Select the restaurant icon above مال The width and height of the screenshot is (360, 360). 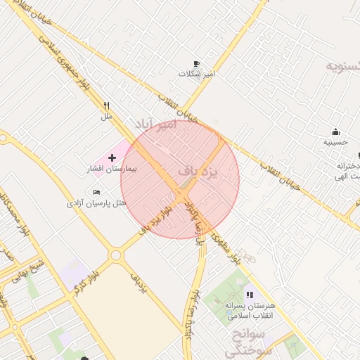pyautogui.click(x=106, y=105)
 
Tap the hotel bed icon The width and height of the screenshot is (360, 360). pyautogui.click(x=96, y=192)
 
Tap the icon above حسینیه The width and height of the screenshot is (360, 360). pyautogui.click(x=335, y=131)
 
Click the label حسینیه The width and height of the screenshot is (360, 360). pyautogui.click(x=335, y=142)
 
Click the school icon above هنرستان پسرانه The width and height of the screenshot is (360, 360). pyautogui.click(x=250, y=295)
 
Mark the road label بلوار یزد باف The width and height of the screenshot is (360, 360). pyautogui.click(x=157, y=218)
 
